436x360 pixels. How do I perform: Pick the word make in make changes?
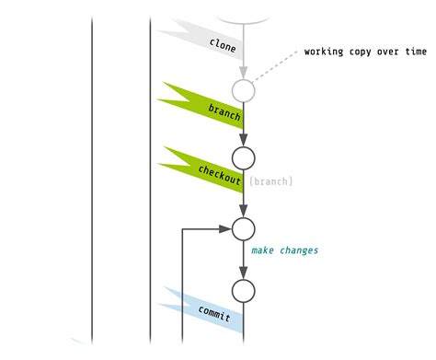click(264, 250)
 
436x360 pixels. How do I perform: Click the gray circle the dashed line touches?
click(243, 91)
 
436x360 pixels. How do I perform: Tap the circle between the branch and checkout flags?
click(243, 158)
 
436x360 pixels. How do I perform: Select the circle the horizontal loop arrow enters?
click(243, 227)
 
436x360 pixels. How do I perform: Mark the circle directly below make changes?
click(243, 292)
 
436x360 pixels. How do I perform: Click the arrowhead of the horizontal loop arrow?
click(225, 228)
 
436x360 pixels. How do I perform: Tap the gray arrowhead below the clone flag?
click(243, 73)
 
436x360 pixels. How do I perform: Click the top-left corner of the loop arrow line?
click(185, 228)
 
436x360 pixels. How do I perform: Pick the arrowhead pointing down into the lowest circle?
click(243, 274)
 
